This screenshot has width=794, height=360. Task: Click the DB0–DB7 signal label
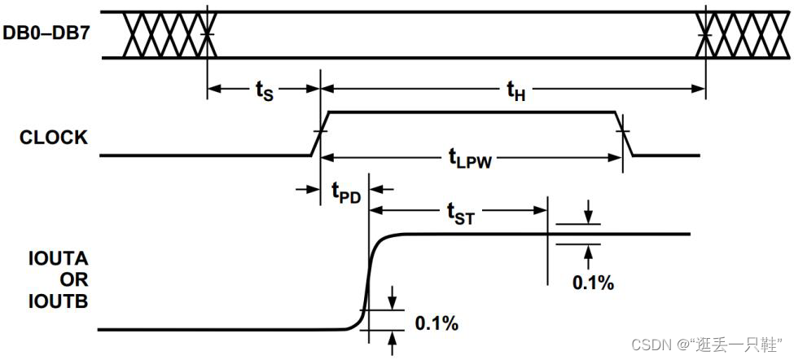click(x=47, y=36)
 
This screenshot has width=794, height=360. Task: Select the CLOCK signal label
click(x=54, y=138)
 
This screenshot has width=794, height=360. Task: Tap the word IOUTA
click(x=58, y=261)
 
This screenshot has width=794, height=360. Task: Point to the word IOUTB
click(x=58, y=302)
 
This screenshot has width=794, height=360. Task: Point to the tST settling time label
click(x=461, y=215)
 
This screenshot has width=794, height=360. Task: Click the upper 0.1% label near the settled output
click(x=592, y=283)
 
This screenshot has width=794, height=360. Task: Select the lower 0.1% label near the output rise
click(x=436, y=323)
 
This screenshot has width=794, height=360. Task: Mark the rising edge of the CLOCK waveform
click(x=320, y=133)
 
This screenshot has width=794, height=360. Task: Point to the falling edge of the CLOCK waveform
click(x=624, y=133)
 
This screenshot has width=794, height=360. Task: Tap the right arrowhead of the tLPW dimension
click(x=618, y=158)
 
